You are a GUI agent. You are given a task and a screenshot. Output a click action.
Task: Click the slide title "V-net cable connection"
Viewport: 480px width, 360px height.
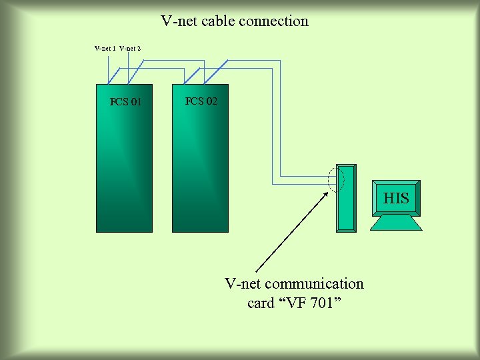[235, 21]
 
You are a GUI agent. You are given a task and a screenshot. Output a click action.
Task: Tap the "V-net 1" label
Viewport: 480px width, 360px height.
[105, 48]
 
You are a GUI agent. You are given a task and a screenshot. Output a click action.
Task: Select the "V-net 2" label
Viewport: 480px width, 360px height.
[130, 48]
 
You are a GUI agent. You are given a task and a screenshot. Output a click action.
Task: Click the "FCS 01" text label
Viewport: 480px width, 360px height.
[125, 102]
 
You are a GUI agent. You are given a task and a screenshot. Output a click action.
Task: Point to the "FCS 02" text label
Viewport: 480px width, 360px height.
[201, 101]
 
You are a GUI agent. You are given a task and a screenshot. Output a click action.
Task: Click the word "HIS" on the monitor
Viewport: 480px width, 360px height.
[396, 198]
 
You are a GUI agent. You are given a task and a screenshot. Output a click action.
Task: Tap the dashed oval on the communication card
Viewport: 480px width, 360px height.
[337, 178]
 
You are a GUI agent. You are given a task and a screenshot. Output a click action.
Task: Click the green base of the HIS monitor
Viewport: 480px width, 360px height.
[396, 223]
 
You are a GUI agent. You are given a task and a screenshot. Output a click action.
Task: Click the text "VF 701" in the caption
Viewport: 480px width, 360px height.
[311, 303]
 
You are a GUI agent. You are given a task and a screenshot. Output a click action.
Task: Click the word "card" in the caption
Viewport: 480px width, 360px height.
[261, 303]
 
